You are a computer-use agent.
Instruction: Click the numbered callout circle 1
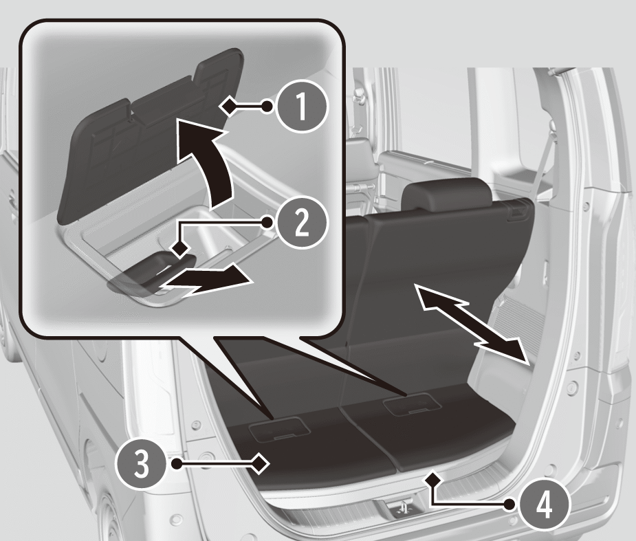pyautogui.click(x=301, y=107)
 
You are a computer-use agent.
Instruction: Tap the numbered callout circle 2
pyautogui.click(x=301, y=222)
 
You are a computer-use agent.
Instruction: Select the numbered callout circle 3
pyautogui.click(x=142, y=463)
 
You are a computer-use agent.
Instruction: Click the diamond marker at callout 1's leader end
pyautogui.click(x=229, y=107)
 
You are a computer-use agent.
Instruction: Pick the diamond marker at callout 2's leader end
pyautogui.click(x=180, y=247)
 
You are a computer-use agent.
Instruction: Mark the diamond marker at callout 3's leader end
pyautogui.click(x=260, y=463)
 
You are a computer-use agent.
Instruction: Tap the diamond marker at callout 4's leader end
pyautogui.click(x=433, y=478)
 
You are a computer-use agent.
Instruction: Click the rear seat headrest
pyautogui.click(x=446, y=194)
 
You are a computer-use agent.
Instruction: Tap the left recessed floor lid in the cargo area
pyautogui.click(x=278, y=430)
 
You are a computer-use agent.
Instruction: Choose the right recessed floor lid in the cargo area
pyautogui.click(x=413, y=405)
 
